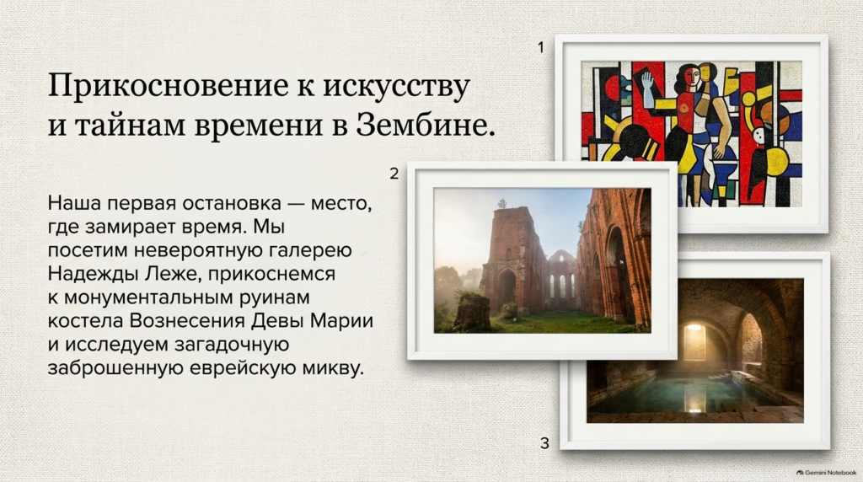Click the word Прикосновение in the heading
point(169,86)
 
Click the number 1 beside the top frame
point(541,48)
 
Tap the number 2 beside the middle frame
point(394,174)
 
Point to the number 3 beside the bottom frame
point(545,443)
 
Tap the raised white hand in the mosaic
point(648,87)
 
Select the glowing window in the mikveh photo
point(694,342)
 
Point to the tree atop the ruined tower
point(502,204)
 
